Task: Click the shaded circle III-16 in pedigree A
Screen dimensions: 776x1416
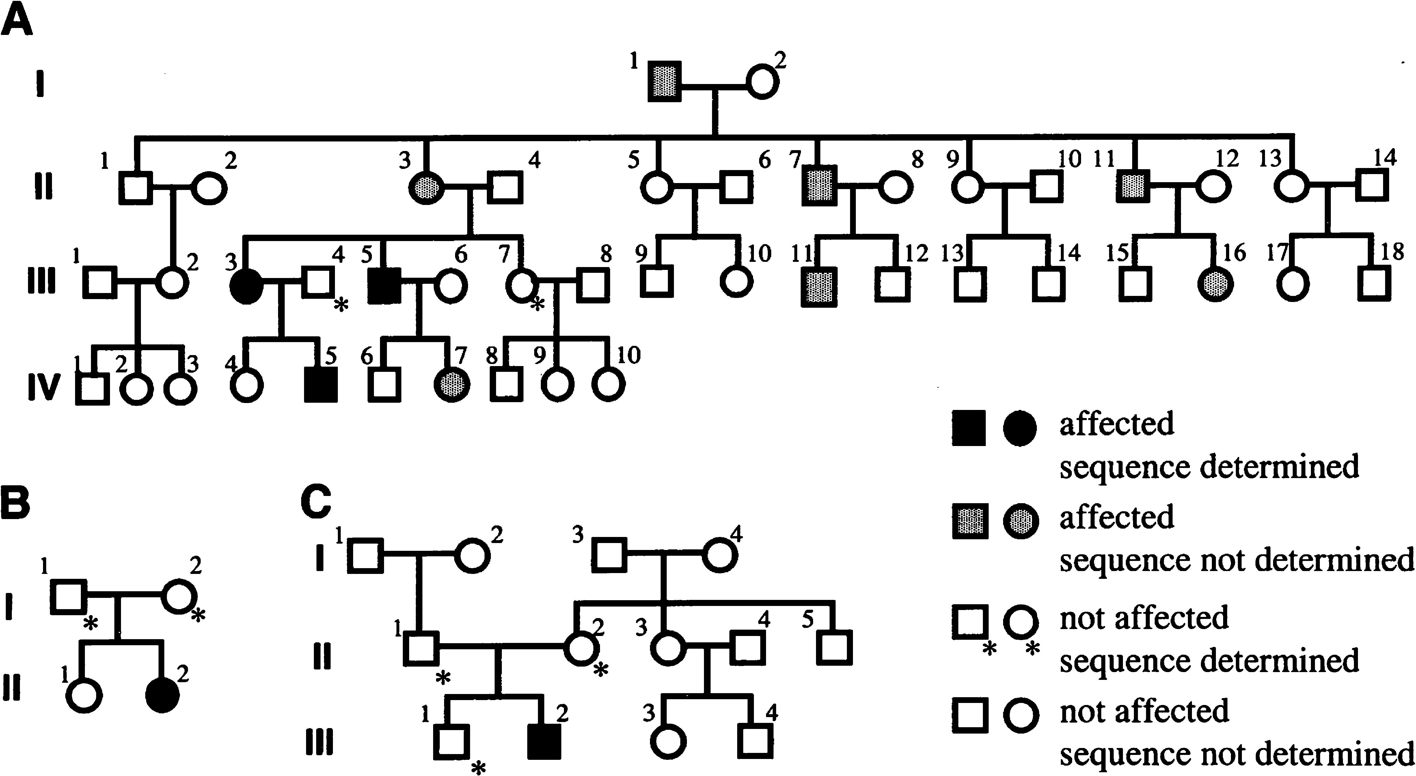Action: (1215, 284)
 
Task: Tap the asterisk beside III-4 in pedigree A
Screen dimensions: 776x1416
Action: (341, 305)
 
